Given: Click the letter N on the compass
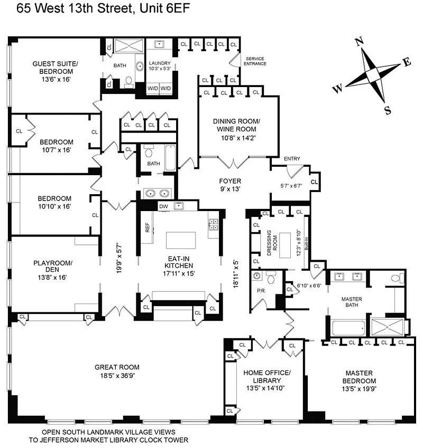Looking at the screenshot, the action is point(360,42).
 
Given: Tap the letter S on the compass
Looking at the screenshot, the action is point(387,110).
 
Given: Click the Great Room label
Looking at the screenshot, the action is point(117,367).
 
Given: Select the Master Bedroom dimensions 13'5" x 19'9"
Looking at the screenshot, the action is point(359,388).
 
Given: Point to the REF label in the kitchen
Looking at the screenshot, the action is point(148,227).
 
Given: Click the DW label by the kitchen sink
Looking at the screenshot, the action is point(163,206).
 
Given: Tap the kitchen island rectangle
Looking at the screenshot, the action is point(181,240).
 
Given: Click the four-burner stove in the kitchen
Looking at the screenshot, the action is point(213,225).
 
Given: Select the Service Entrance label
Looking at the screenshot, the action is point(255,61).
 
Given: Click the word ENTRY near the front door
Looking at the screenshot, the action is point(292,159).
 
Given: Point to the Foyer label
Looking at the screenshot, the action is point(230,181).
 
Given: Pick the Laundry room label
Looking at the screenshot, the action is point(160,63).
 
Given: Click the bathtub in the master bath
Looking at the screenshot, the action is point(348,328).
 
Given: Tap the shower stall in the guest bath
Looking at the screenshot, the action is point(129,46).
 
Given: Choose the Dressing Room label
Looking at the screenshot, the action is point(272,243).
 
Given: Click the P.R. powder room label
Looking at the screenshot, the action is point(261,291).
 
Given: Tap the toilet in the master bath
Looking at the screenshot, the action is point(397,278).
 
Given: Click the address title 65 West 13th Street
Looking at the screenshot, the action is point(75,8).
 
